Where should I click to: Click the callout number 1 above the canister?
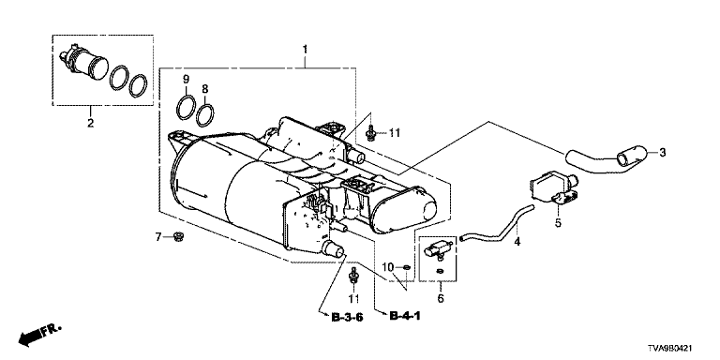coord(305,48)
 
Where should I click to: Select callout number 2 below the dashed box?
coord(90,123)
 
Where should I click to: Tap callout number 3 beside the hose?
coord(662,153)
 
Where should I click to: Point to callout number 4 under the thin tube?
coord(517,242)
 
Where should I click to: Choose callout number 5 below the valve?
coord(558,223)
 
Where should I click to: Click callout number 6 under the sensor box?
coord(441,299)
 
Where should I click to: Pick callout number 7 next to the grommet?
coord(158,237)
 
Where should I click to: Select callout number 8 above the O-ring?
coord(204,88)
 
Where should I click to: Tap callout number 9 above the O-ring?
coord(186,79)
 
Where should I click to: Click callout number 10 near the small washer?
coord(388,267)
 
